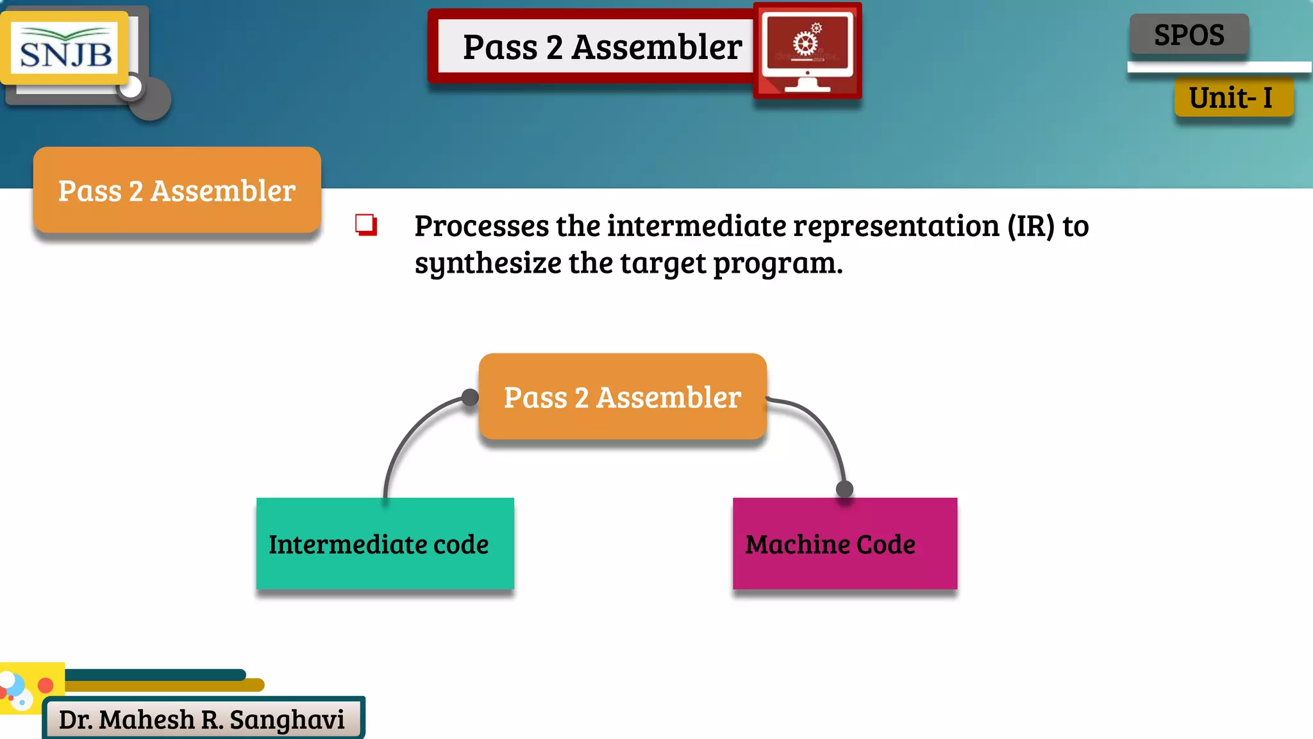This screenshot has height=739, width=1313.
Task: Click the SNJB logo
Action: click(x=65, y=49)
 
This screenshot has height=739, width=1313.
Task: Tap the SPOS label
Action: click(x=1189, y=35)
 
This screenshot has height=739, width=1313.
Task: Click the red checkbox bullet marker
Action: click(x=366, y=225)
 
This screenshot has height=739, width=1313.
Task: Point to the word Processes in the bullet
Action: click(x=481, y=226)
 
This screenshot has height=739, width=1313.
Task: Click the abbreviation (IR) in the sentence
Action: click(x=1030, y=226)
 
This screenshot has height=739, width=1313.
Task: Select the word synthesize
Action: click(x=487, y=264)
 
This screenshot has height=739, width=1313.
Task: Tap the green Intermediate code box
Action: click(x=385, y=544)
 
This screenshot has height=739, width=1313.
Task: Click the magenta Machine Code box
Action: click(x=844, y=544)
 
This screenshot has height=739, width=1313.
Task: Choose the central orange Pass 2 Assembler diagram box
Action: click(x=622, y=397)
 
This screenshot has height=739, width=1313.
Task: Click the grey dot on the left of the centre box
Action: click(x=470, y=398)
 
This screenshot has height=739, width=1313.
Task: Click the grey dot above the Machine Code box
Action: click(x=845, y=489)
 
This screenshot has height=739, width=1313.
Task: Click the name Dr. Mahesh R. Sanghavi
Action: click(x=202, y=720)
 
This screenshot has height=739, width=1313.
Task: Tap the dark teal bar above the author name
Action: click(x=154, y=675)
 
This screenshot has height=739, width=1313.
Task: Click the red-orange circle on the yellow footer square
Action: click(x=46, y=685)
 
